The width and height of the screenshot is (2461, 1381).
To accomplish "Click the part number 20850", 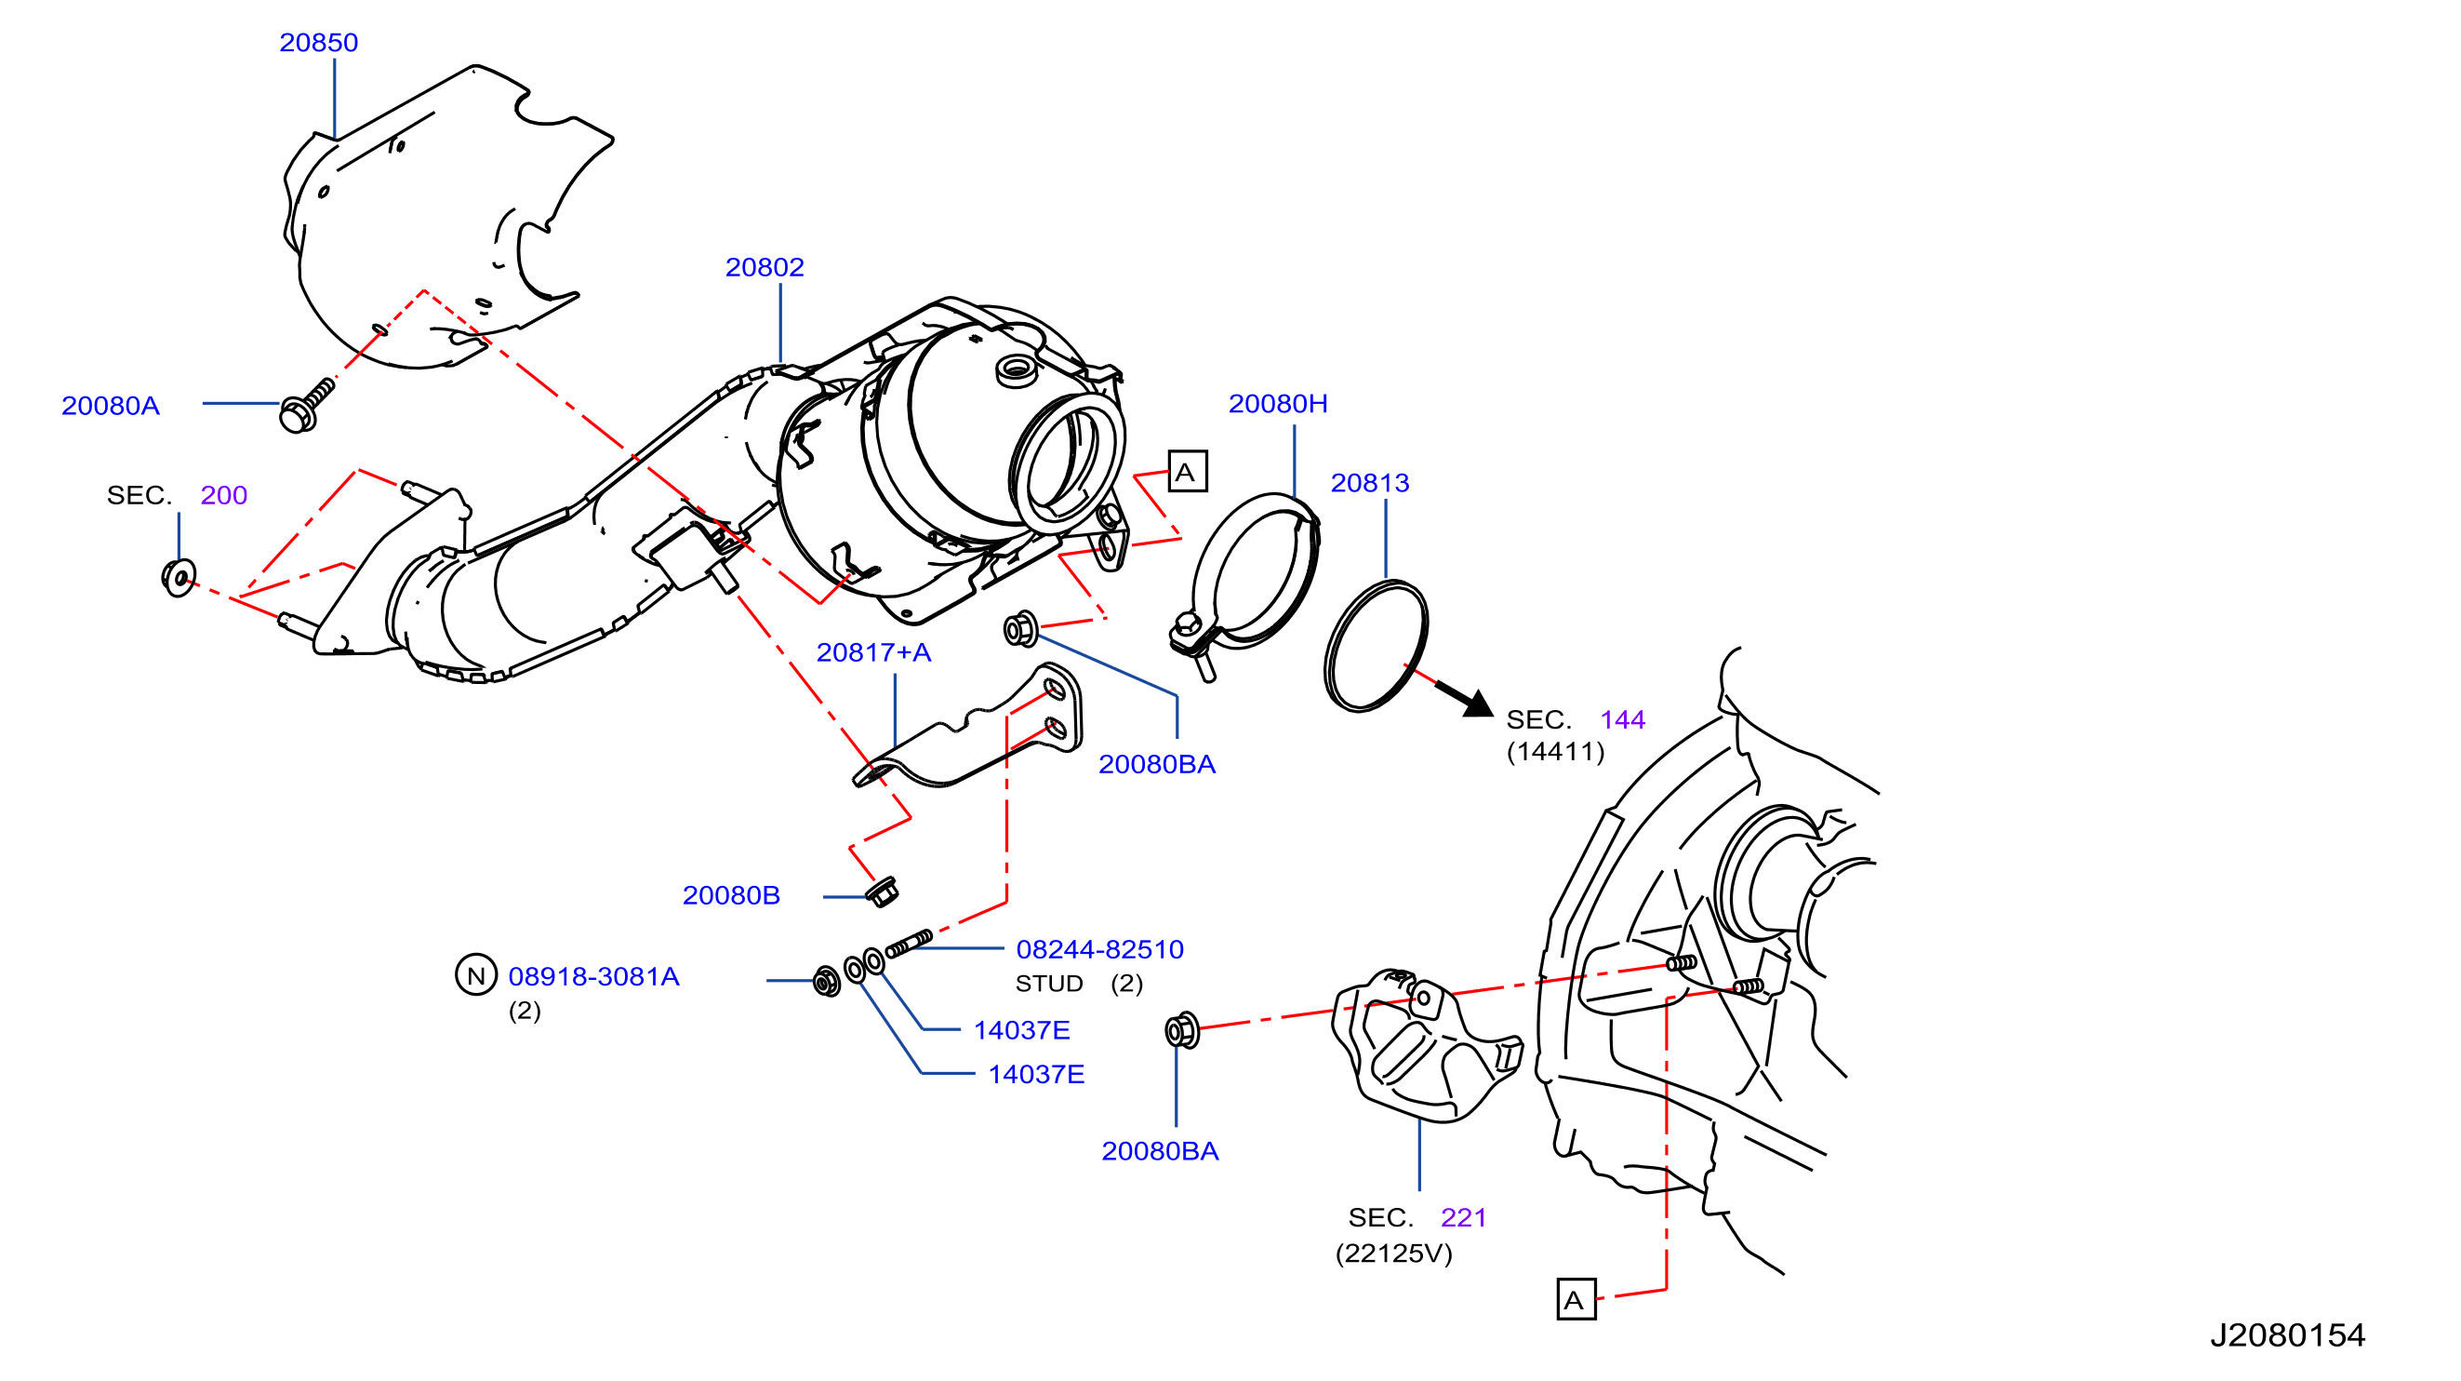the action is pos(318,43).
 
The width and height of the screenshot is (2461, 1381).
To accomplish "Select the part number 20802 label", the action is pos(765,268).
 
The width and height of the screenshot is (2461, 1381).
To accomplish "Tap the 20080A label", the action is pos(111,406).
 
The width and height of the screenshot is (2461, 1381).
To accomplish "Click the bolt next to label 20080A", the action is pos(306,405).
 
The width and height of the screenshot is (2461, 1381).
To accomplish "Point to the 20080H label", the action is pos(1277,404).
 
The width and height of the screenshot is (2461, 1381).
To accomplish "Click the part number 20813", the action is pos(1370,484).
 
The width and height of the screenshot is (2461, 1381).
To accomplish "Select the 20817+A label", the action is pos(873,652).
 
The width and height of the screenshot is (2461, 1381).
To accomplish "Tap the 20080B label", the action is pos(731,895).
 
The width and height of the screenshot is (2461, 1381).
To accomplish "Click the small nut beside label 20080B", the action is pos(882,892).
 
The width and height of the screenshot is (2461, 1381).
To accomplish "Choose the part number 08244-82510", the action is pos(1099,950).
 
